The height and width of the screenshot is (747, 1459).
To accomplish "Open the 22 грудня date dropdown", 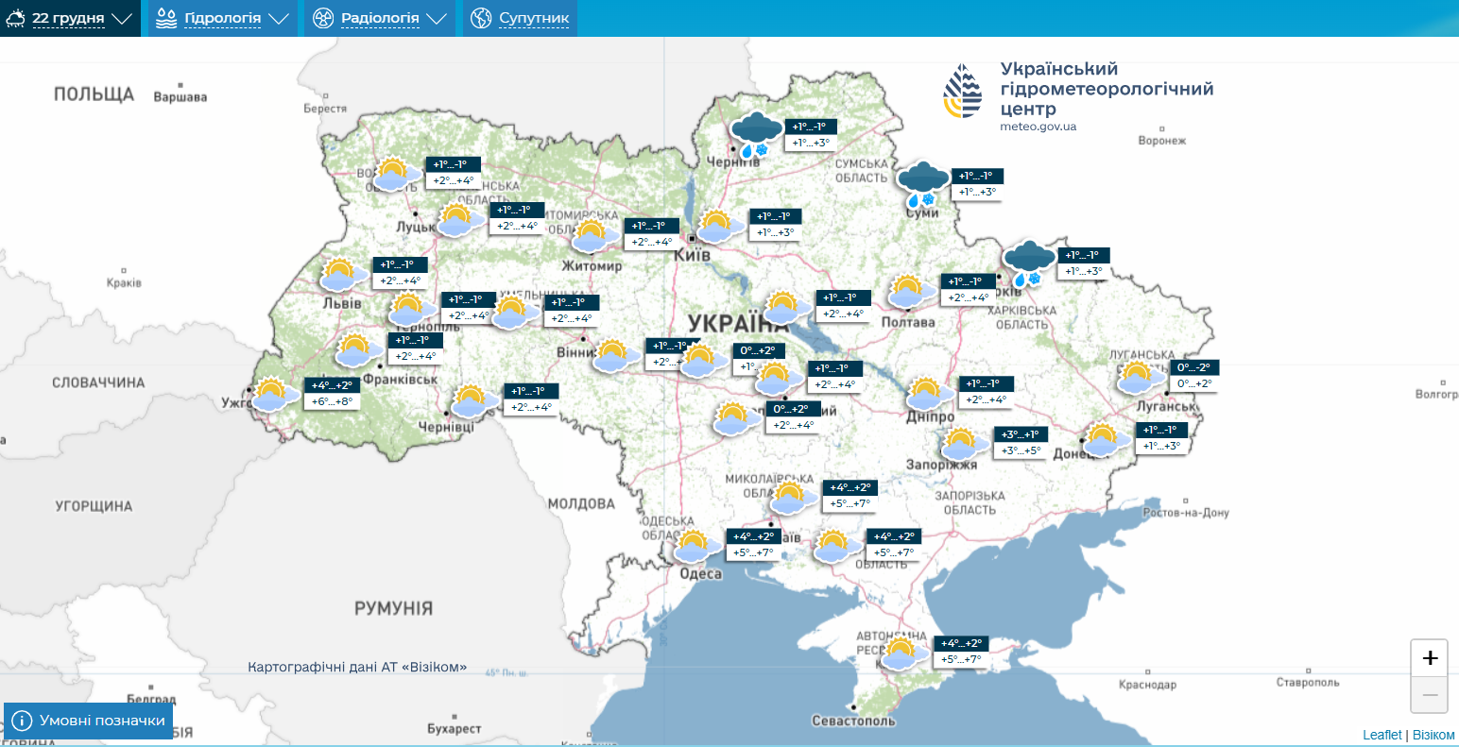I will click(70, 18).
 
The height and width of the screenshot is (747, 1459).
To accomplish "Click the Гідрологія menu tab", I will click(222, 18).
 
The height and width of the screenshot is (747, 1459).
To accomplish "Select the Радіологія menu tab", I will click(379, 18).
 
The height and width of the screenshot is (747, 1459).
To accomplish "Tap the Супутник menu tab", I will click(520, 18).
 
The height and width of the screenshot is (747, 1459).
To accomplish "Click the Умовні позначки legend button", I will click(89, 721).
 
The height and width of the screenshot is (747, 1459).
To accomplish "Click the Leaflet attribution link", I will click(1382, 735).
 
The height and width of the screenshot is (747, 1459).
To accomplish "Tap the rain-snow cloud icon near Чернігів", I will click(756, 135).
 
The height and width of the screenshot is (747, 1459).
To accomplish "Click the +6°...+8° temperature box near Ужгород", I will click(332, 401).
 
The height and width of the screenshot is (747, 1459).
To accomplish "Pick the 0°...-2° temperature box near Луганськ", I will click(1193, 367).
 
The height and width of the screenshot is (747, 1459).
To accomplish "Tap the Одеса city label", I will click(700, 574).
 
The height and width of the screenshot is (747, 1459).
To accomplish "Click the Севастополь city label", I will click(852, 721).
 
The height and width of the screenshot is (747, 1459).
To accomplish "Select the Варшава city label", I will click(180, 97).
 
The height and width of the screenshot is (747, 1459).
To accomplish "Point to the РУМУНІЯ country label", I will click(393, 608).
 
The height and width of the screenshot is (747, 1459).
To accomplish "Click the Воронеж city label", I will click(1161, 141).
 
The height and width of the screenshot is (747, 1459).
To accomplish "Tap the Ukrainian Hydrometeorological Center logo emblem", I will click(962, 91).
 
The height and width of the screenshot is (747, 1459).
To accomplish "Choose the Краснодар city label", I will click(1147, 685).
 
